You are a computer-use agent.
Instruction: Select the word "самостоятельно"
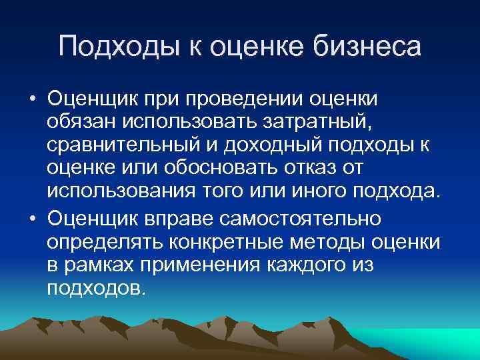(x=305, y=219)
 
